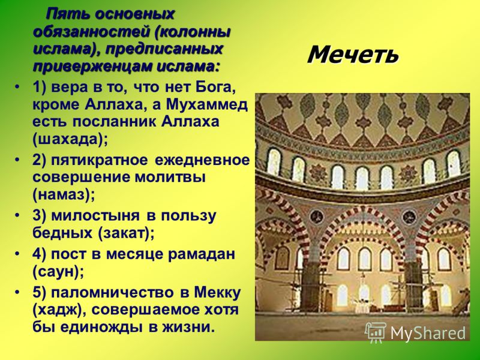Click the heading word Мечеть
[x=353, y=55]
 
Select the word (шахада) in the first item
[x=70, y=140]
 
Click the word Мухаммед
[x=207, y=104]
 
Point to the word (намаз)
[x=64, y=194]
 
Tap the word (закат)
[x=126, y=233]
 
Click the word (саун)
[x=58, y=272]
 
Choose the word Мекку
[x=217, y=293]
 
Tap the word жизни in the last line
[x=187, y=328]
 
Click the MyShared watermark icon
[x=376, y=332]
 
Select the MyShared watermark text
[x=428, y=333]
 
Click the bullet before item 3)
[x=18, y=215]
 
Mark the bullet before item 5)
[x=18, y=292]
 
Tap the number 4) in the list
[x=39, y=254]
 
